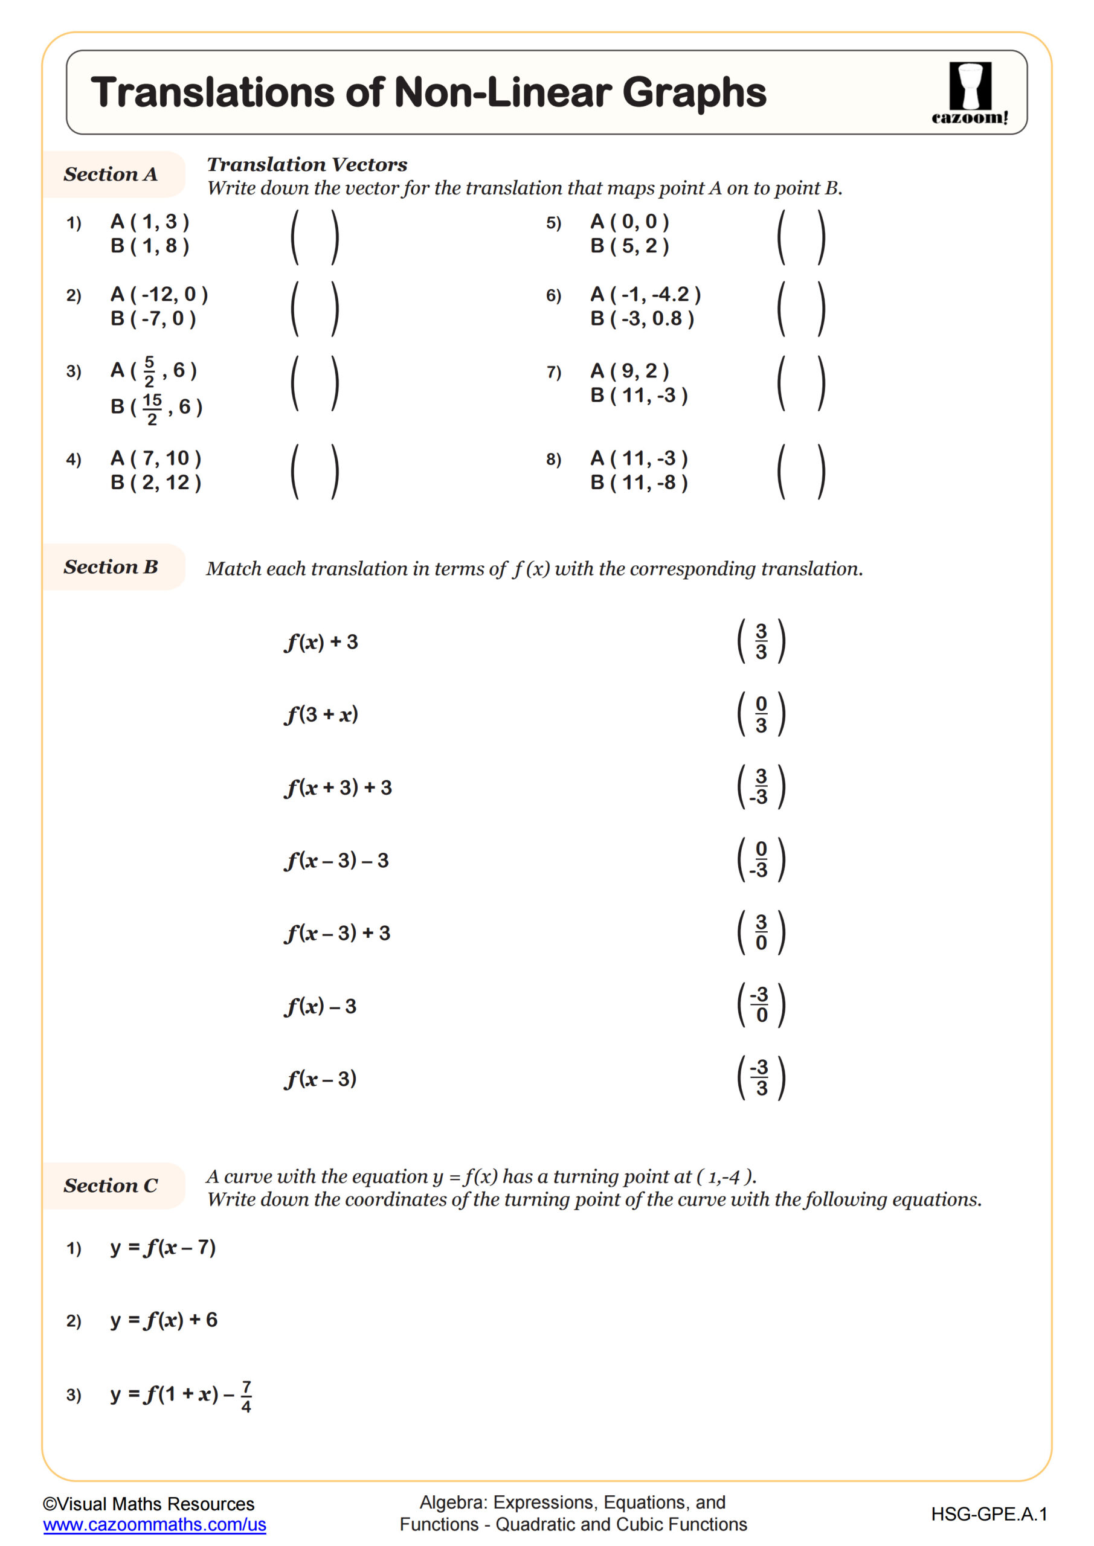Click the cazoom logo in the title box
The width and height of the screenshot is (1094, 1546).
[x=970, y=93]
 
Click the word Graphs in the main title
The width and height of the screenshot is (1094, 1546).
[x=694, y=92]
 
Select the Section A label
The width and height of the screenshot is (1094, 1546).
[x=111, y=175]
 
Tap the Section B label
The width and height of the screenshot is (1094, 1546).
[x=111, y=567]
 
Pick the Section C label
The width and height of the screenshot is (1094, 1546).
[x=111, y=1185]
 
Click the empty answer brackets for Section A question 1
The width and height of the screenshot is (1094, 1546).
[x=315, y=237]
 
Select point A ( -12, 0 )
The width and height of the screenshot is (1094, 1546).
[x=159, y=294]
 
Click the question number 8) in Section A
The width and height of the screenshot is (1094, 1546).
[x=553, y=460]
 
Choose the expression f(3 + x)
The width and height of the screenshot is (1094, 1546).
[x=321, y=714]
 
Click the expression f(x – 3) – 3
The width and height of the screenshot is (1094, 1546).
[x=337, y=861]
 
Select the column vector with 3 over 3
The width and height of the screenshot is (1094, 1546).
[x=761, y=642]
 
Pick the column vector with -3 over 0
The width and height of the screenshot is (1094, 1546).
[x=761, y=1006]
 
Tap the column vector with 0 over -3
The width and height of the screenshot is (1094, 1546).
[x=761, y=860]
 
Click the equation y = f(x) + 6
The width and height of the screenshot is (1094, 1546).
[x=164, y=1320]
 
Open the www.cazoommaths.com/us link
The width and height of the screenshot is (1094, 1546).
[x=154, y=1524]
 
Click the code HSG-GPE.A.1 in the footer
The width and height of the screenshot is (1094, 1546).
[x=988, y=1515]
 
